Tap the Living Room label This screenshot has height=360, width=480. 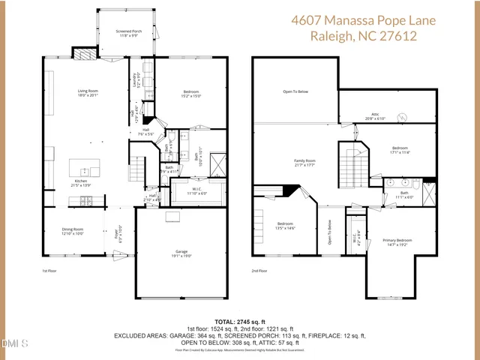(x=88, y=93)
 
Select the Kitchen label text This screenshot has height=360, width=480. (x=80, y=182)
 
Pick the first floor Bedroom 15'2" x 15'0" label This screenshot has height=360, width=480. (x=190, y=93)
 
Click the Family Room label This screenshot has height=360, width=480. (x=304, y=162)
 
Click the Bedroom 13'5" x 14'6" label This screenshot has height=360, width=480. (x=285, y=226)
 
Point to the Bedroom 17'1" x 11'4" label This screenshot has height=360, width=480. (x=400, y=150)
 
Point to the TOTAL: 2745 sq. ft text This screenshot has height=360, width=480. (x=240, y=320)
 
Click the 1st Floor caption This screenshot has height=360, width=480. (x=49, y=271)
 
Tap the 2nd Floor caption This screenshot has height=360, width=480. (x=259, y=271)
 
